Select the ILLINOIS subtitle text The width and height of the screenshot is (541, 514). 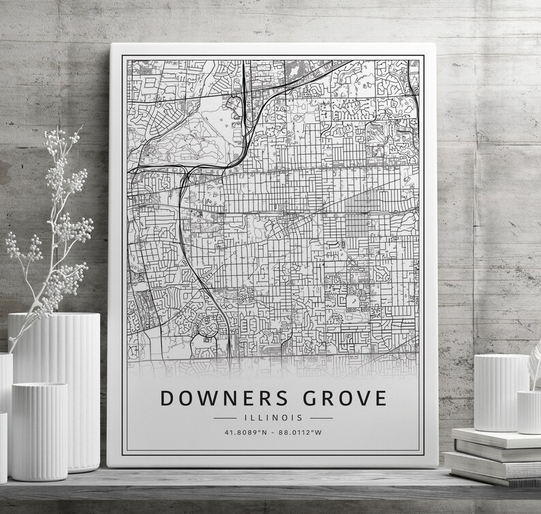pyautogui.click(x=273, y=417)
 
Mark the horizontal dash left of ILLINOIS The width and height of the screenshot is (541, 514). pyautogui.click(x=225, y=417)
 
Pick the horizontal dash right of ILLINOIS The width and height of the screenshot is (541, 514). pyautogui.click(x=322, y=417)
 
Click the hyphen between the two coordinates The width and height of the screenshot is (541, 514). pyautogui.click(x=274, y=432)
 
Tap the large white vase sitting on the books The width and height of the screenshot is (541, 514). pyautogui.click(x=501, y=392)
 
